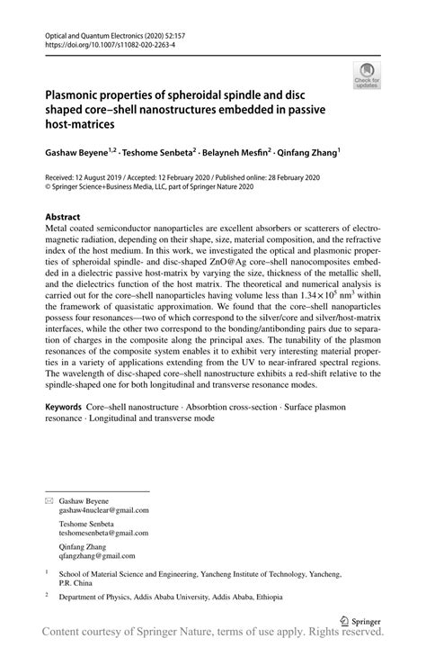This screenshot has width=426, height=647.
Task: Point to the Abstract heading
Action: [x=62, y=217]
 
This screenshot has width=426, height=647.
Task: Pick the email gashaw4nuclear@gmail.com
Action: [x=103, y=509]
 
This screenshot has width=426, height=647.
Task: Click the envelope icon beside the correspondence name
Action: [x=49, y=499]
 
